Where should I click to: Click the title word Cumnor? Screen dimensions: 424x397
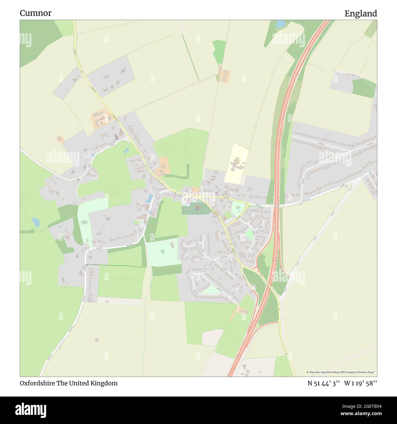36,13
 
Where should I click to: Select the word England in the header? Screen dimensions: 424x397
361,13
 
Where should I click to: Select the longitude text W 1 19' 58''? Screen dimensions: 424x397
360,383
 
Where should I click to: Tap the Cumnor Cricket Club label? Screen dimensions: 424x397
162,251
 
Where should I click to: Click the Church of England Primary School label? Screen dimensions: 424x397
237,161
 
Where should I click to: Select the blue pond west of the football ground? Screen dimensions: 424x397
36,222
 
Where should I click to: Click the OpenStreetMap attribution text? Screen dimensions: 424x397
341,372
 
